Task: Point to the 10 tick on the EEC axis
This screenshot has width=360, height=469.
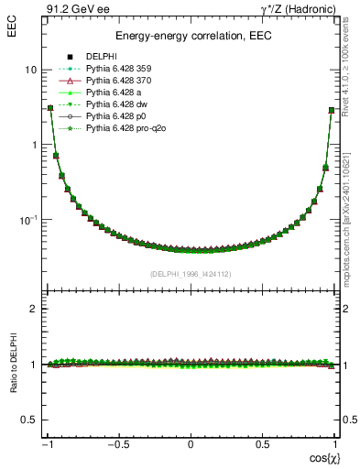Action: [x=29, y=71]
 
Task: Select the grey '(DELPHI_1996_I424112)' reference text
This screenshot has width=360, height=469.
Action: [x=191, y=274]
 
